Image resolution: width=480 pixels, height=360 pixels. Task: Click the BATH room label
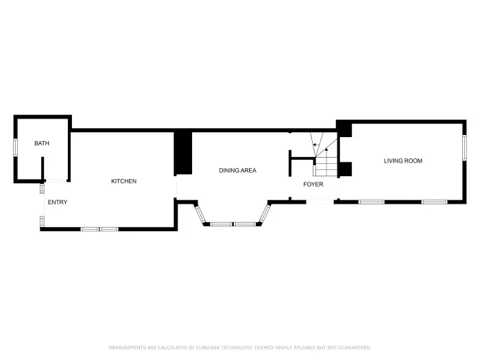[x=42, y=143]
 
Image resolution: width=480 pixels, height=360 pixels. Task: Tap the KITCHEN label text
[x=124, y=181]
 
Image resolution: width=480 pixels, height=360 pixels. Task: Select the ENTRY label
[x=58, y=202]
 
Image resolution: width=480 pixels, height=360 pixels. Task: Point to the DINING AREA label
[x=237, y=170]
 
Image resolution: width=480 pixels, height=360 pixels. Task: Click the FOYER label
[x=313, y=184]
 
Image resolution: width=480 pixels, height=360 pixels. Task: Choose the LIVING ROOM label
[x=403, y=160]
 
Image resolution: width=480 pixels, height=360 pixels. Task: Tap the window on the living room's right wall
[x=464, y=147]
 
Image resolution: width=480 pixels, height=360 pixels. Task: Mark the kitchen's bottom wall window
[x=100, y=228]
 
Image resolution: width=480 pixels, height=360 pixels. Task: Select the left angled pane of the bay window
[x=201, y=215]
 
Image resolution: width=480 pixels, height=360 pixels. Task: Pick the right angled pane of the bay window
[x=264, y=213]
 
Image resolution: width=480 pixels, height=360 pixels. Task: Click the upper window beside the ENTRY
[x=42, y=188]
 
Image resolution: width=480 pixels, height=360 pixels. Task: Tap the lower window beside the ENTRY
[x=42, y=220]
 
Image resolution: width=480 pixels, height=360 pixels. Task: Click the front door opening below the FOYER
[x=319, y=202]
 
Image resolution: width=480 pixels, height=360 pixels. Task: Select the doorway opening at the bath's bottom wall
[x=56, y=181]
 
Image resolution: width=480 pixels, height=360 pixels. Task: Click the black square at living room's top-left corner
[x=344, y=128]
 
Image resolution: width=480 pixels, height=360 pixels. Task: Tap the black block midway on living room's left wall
[x=346, y=168]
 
